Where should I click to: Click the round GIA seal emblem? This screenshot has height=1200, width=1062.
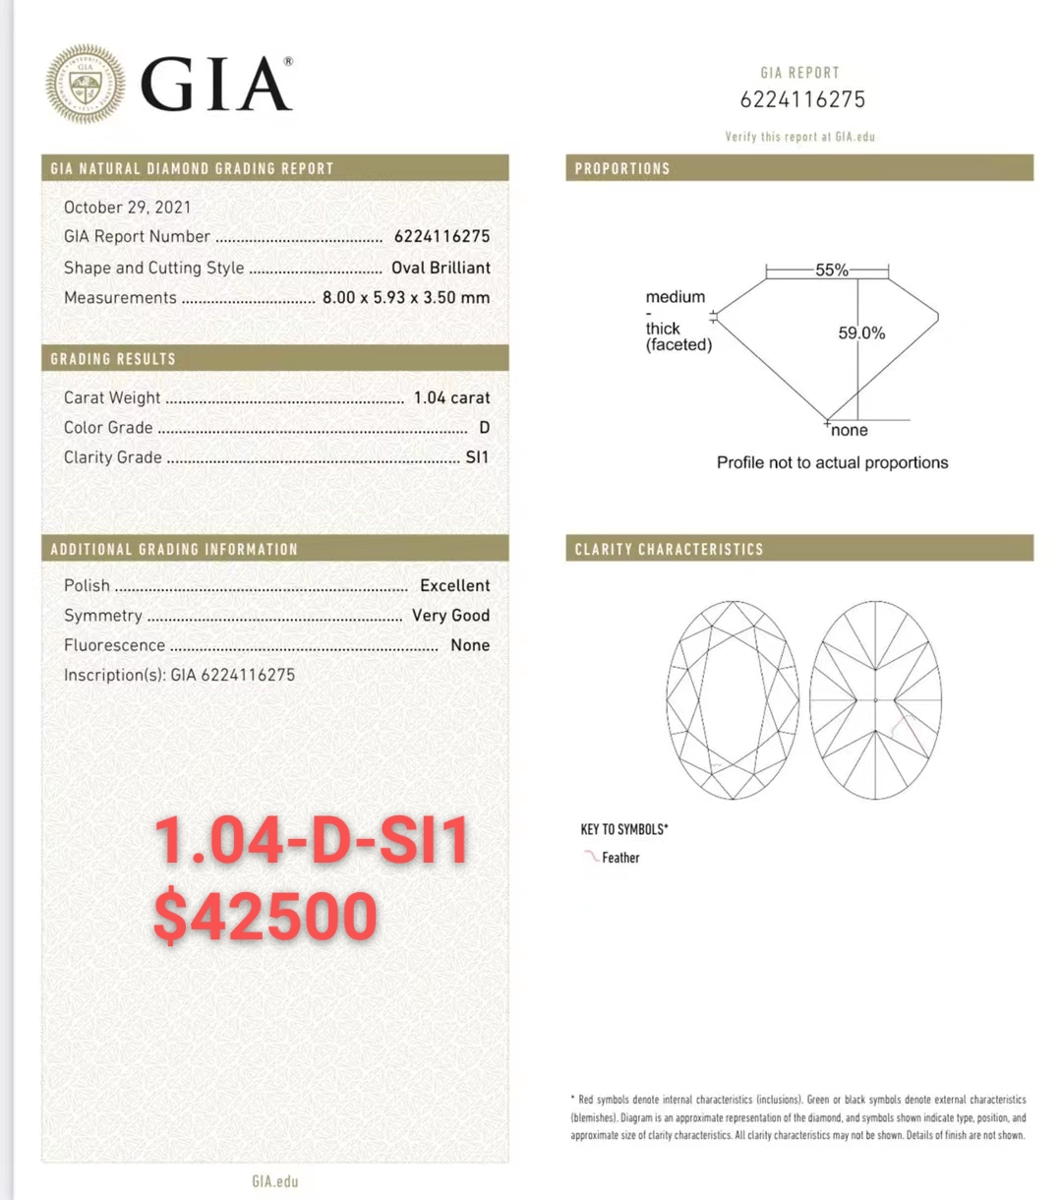[x=86, y=85]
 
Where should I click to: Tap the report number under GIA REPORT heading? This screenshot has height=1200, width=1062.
[x=802, y=99]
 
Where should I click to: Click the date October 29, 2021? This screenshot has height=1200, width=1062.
[x=128, y=207]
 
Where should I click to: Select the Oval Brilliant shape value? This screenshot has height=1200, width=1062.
[x=441, y=268]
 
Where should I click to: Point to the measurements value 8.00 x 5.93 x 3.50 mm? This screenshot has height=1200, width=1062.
[x=405, y=297]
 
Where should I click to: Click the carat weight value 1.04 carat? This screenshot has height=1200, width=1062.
[x=451, y=397]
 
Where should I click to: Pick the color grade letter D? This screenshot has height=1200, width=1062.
[x=484, y=427]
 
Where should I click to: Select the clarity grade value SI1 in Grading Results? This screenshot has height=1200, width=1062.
[x=477, y=456]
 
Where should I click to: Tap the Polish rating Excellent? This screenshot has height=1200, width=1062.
[x=454, y=585]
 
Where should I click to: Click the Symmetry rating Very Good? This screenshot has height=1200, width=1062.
[x=450, y=615]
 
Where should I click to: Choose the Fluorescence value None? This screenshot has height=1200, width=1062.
[x=470, y=645]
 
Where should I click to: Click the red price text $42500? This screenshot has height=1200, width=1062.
[x=265, y=916]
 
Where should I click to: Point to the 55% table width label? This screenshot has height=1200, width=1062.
[x=832, y=270]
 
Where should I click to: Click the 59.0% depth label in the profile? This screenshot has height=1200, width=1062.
[x=861, y=333]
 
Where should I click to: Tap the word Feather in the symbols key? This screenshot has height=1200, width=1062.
[x=620, y=858]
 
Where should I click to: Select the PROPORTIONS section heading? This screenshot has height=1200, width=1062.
[x=622, y=168]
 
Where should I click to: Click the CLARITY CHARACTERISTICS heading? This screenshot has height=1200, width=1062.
[x=669, y=549]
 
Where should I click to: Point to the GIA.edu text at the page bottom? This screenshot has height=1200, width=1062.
[x=274, y=1181]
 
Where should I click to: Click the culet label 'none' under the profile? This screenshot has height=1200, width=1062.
[x=850, y=430]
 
